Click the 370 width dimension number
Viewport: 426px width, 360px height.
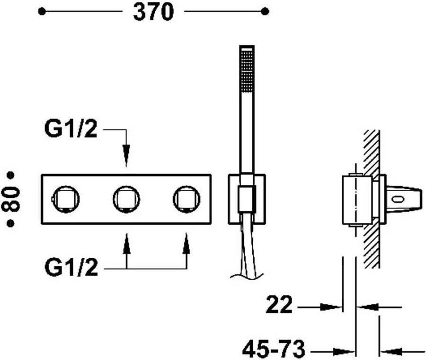153,12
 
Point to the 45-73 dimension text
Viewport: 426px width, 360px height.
273,351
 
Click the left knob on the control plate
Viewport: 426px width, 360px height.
65,199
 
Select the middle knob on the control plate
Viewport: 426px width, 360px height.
126,199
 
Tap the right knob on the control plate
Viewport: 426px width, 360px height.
186,199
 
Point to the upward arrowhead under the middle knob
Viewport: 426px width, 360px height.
126,244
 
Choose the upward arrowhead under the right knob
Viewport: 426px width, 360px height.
186,244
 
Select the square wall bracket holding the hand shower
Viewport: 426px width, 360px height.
247,199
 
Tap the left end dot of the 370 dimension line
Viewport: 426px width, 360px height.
42,11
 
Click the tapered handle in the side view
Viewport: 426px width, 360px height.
405,199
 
